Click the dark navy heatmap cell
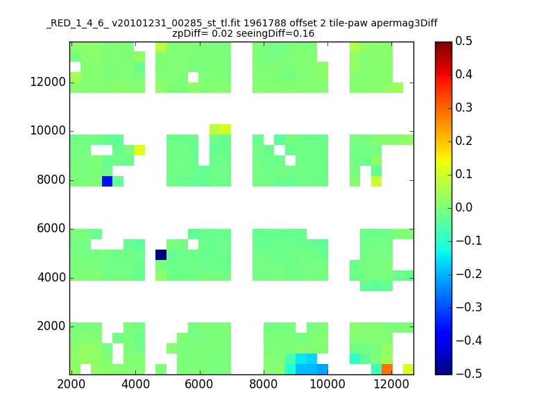point(161,254)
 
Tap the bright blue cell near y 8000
point(108,181)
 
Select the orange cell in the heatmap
point(387,369)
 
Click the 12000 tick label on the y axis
point(48,82)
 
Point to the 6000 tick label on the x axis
point(200,384)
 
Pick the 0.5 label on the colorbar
point(463,41)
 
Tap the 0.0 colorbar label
point(463,207)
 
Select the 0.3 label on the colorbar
point(463,107)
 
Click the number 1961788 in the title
point(265,23)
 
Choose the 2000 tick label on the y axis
point(51,326)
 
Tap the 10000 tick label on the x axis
point(327,384)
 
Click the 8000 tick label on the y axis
point(51,180)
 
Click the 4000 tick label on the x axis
point(135,384)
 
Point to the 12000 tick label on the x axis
point(391,384)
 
